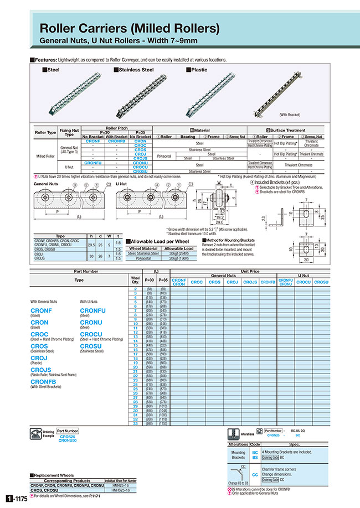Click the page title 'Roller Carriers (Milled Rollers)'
point(130,28)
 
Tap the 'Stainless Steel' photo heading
point(136,70)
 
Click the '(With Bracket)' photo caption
point(290,115)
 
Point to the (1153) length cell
point(163,424)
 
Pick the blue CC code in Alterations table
point(255,474)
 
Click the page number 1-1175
point(16,499)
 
